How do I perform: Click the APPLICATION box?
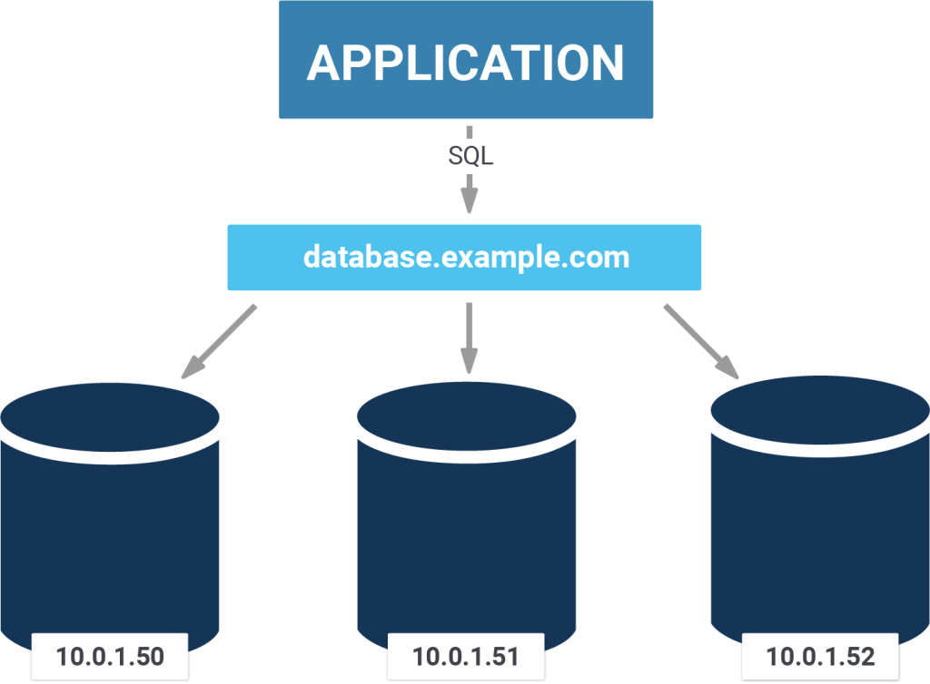[465, 60]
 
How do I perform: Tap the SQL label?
[470, 156]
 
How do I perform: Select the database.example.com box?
[464, 258]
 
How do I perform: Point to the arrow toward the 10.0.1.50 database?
[218, 341]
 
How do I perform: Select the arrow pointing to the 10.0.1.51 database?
[469, 338]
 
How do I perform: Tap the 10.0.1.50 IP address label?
[109, 656]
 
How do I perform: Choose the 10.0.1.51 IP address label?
[466, 656]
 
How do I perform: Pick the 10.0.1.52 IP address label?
[820, 656]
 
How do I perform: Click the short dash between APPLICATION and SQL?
[470, 132]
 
